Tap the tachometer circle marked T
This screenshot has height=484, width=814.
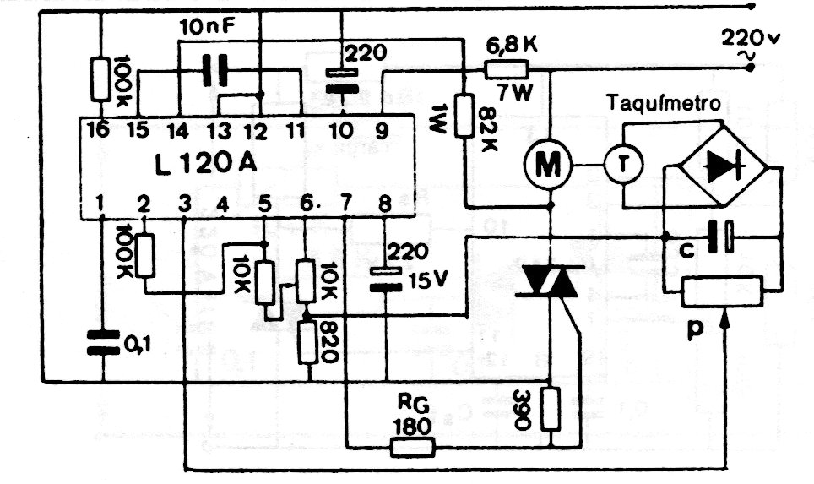click(x=623, y=165)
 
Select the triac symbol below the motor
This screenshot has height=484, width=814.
click(x=549, y=281)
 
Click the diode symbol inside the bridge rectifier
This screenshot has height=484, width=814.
click(x=724, y=166)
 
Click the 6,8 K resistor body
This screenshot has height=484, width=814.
click(x=506, y=69)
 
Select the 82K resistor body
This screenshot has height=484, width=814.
click(x=464, y=115)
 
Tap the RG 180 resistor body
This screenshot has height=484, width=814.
click(x=412, y=447)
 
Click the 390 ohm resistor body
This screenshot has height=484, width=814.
click(x=551, y=408)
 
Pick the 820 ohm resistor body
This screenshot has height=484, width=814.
click(x=308, y=342)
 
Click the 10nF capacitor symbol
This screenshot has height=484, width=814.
click(x=215, y=71)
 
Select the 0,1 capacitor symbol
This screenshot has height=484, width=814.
click(x=102, y=342)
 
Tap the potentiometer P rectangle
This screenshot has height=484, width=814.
click(x=723, y=291)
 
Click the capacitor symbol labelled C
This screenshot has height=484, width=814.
click(x=722, y=237)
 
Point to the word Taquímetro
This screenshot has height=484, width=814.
click(x=664, y=103)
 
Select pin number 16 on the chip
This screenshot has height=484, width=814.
click(x=99, y=129)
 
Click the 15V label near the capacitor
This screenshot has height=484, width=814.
click(x=428, y=281)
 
